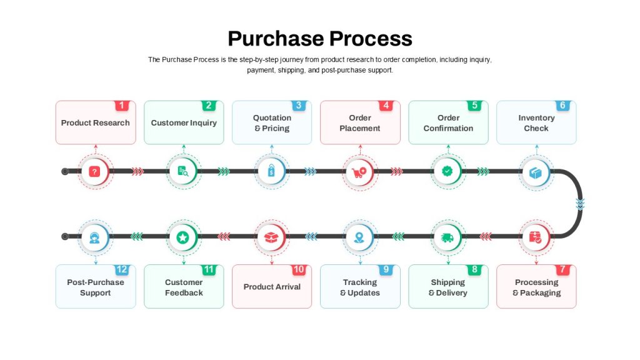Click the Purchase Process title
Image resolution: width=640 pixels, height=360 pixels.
(320, 39)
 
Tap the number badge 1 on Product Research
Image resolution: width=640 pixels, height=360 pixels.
(122, 106)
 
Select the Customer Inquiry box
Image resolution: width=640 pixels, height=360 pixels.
(184, 122)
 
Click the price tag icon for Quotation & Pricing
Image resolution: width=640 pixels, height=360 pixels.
(271, 171)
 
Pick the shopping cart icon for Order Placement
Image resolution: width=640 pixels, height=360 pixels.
(359, 172)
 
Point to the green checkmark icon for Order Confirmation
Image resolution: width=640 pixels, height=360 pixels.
(447, 171)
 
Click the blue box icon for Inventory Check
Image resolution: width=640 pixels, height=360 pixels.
(536, 172)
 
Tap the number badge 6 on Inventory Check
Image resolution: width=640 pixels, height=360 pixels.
(562, 106)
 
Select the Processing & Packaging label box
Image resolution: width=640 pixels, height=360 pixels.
(536, 286)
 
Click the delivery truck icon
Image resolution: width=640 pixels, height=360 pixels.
(447, 237)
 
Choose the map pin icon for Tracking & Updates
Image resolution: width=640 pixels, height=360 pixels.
(359, 237)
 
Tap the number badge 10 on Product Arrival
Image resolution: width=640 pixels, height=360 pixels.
(298, 270)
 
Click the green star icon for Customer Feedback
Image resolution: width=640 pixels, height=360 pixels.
(183, 237)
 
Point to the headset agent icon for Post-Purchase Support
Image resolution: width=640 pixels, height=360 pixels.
(95, 237)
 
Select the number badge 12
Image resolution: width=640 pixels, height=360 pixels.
(122, 270)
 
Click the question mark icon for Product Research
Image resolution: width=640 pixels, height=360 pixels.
(95, 171)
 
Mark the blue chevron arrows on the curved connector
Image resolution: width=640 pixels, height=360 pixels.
(580, 203)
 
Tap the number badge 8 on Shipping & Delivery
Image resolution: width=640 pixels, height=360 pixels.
(474, 270)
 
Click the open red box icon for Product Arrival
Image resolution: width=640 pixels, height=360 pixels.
(271, 237)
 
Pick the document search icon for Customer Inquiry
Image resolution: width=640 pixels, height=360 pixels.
(183, 171)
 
